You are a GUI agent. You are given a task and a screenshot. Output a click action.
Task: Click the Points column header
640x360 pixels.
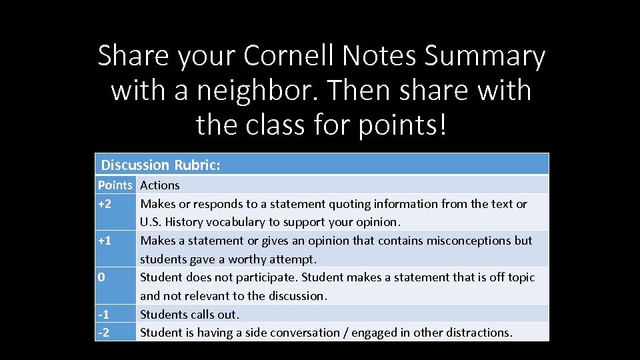[x=115, y=185]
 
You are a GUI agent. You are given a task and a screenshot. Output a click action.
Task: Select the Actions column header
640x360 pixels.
[x=160, y=185]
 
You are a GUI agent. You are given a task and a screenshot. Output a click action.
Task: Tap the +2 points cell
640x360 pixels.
[x=105, y=204]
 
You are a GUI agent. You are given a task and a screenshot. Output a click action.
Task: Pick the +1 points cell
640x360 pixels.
[x=105, y=241]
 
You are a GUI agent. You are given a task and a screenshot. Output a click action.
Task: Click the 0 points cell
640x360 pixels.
[x=101, y=277]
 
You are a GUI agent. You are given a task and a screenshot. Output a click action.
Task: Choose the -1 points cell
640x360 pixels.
[x=104, y=314]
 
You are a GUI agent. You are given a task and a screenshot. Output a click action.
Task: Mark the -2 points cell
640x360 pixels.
[x=104, y=332]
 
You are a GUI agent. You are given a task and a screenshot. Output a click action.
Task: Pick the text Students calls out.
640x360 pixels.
[x=189, y=314]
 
